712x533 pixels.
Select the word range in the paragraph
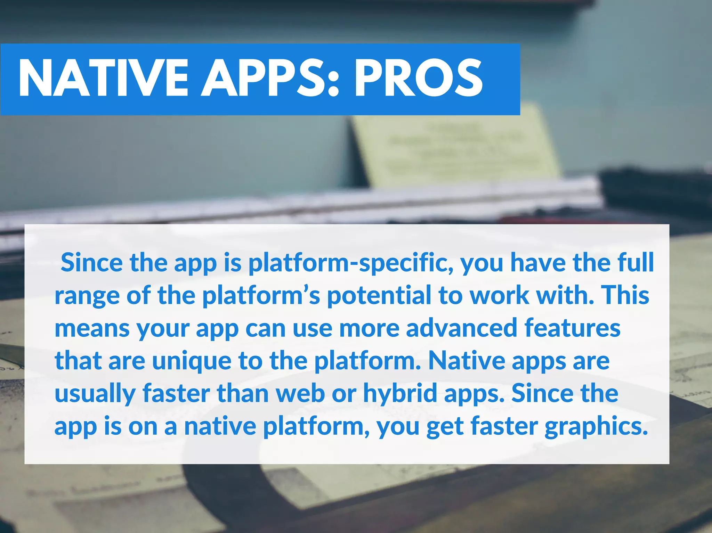click(x=87, y=296)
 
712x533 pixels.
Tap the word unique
click(x=192, y=361)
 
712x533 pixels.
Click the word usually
click(x=95, y=394)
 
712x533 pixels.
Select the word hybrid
click(x=400, y=394)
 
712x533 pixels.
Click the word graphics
click(x=596, y=427)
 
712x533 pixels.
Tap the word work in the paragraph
click(x=499, y=296)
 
